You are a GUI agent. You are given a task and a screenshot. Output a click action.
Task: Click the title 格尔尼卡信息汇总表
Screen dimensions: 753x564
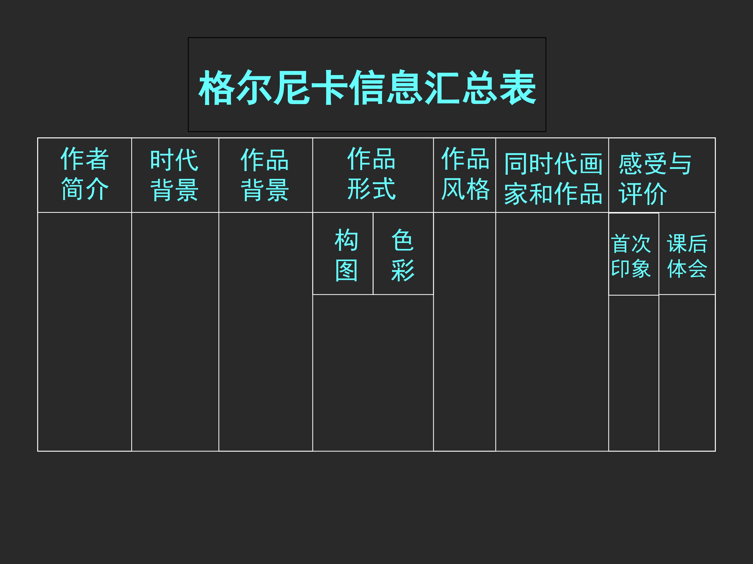(x=367, y=88)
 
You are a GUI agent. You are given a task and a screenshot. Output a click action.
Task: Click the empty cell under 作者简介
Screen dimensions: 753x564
(x=84, y=332)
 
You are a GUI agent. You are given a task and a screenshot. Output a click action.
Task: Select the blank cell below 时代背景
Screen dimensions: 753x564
(x=175, y=332)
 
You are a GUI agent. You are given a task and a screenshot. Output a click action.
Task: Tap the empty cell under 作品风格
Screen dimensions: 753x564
(x=464, y=332)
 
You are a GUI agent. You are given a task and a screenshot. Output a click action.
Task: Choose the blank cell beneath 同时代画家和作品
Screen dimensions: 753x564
(x=552, y=332)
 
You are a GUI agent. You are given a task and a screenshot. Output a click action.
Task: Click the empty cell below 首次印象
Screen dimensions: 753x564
(x=634, y=373)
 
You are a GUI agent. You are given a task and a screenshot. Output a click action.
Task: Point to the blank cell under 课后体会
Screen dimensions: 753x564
(x=687, y=373)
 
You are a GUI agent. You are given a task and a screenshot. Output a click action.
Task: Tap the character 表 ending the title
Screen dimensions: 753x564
(x=518, y=88)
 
